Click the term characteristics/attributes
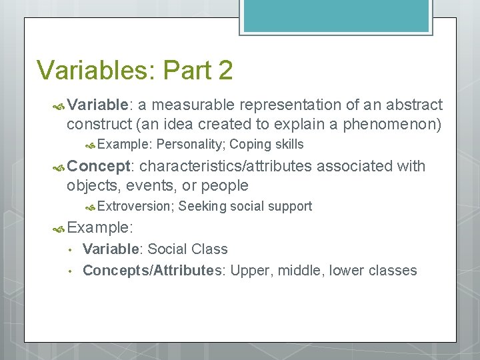coord(227,166)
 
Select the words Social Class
coord(187,249)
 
